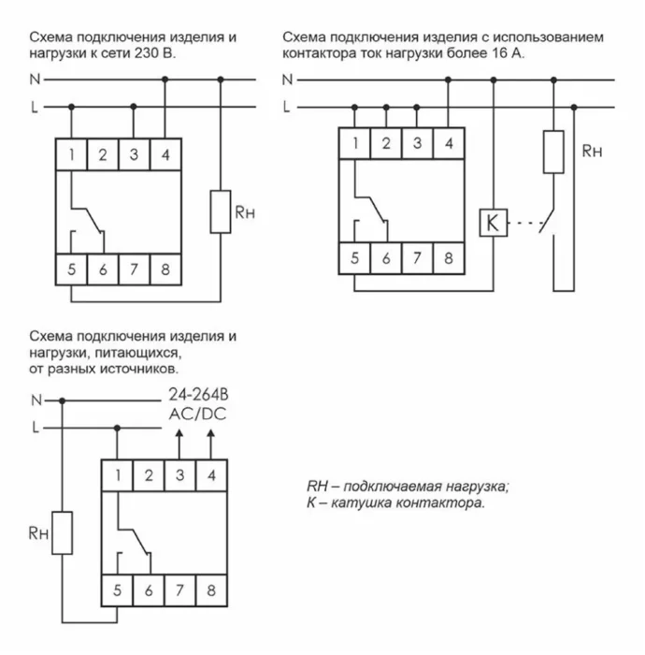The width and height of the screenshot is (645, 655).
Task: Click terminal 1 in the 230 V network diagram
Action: point(70,154)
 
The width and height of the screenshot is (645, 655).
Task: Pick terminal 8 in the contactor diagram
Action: point(449,258)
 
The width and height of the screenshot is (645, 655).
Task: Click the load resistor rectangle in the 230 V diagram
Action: point(221,211)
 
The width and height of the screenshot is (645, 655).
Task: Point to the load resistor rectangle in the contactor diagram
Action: point(553,153)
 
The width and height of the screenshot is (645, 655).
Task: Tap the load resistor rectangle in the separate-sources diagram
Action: point(63,533)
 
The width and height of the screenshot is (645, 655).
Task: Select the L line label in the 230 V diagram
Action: point(35,108)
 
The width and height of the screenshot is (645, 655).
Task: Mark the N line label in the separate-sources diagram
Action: point(35,400)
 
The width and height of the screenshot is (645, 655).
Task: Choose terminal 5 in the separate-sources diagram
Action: point(116,591)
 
